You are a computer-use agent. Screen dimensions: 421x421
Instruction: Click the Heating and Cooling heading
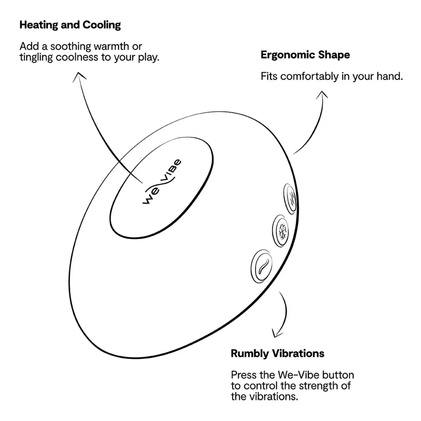point(70,25)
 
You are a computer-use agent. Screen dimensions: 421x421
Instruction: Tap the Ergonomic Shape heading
point(305,55)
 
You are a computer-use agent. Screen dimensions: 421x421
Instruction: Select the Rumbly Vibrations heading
point(277,353)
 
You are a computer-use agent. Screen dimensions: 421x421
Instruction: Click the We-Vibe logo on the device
point(162,181)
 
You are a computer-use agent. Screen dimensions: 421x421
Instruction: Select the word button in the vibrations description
point(338,375)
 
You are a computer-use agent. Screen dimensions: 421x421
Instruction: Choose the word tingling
point(36,57)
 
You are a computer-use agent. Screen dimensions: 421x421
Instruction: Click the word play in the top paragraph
point(148,57)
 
